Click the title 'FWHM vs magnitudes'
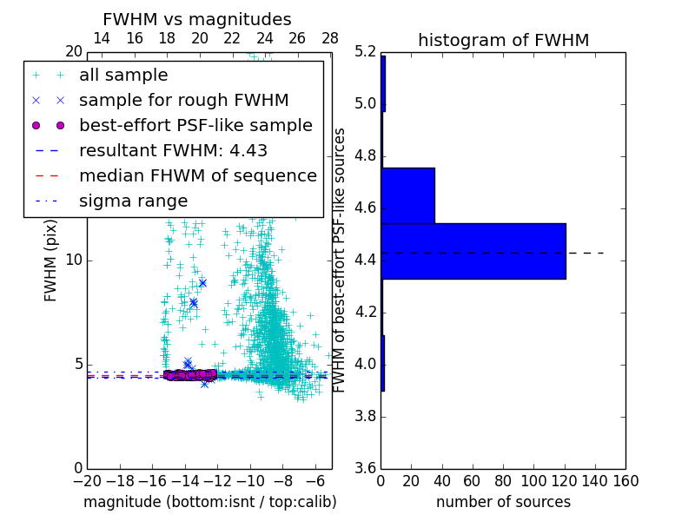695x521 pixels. pos(197,19)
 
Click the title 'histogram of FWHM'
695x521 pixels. pos(503,40)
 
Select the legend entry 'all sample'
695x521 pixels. pos(123,76)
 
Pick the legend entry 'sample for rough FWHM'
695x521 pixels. pos(183,101)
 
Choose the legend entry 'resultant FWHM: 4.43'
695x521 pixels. pos(173,151)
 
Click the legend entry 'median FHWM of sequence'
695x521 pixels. pos(197,176)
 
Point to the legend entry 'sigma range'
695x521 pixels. pos(133,201)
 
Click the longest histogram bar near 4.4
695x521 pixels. pos(473,251)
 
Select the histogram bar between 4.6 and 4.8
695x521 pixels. pos(407,195)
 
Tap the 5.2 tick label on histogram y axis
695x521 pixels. pos(366,52)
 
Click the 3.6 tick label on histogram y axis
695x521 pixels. pos(366,468)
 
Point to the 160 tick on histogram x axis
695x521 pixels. pos(625,480)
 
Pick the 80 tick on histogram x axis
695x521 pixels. pos(503,480)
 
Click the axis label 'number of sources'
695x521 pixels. pos(503,502)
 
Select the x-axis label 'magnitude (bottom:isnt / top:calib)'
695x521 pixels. pos(209,502)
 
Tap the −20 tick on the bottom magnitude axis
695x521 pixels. pos(85,480)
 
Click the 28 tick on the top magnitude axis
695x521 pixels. pos(330,38)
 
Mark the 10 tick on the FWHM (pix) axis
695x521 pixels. pos(74,260)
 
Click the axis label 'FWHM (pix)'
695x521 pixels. pos(51,260)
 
